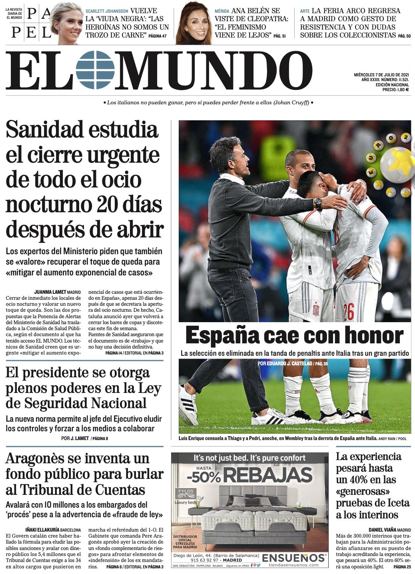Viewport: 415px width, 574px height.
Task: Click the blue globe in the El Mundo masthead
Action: (95, 70)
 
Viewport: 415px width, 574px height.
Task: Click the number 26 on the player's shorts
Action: (348, 312)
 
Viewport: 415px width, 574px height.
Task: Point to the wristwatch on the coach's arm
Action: (318, 203)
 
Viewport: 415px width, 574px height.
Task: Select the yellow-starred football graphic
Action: (397, 164)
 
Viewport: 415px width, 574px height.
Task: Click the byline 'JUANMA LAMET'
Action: (50, 292)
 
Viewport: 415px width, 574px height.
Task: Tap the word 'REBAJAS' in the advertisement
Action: (267, 475)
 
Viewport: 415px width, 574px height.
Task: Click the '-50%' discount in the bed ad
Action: (204, 476)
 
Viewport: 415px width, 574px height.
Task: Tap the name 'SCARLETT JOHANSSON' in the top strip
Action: (107, 11)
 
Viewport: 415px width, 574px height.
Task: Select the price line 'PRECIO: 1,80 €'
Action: (395, 90)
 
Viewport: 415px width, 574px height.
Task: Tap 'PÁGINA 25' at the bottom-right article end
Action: (402, 567)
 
